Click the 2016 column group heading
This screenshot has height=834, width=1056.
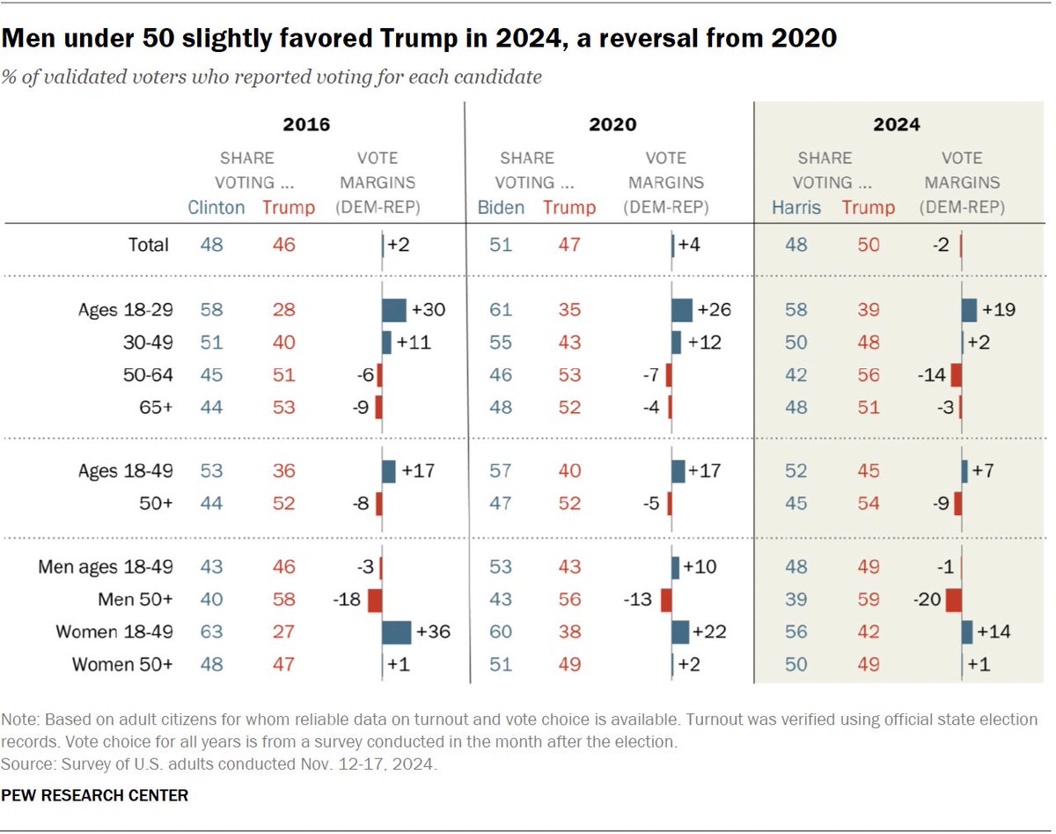click(306, 124)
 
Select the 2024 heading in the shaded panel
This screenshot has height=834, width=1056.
click(896, 124)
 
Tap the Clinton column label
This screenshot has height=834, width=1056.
click(217, 208)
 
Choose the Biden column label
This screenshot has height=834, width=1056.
click(502, 208)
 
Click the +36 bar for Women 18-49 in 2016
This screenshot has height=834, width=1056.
click(397, 632)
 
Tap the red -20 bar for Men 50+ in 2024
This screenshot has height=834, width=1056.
click(953, 600)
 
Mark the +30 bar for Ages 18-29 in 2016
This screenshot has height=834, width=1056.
click(394, 310)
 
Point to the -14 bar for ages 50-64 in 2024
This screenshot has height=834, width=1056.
click(957, 375)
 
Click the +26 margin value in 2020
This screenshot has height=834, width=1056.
click(715, 310)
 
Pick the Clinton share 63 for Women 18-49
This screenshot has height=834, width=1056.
click(211, 632)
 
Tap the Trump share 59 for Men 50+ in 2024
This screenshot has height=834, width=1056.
click(868, 600)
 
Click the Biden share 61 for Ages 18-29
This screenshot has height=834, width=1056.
click(501, 310)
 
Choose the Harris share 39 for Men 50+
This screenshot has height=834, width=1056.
click(796, 600)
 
